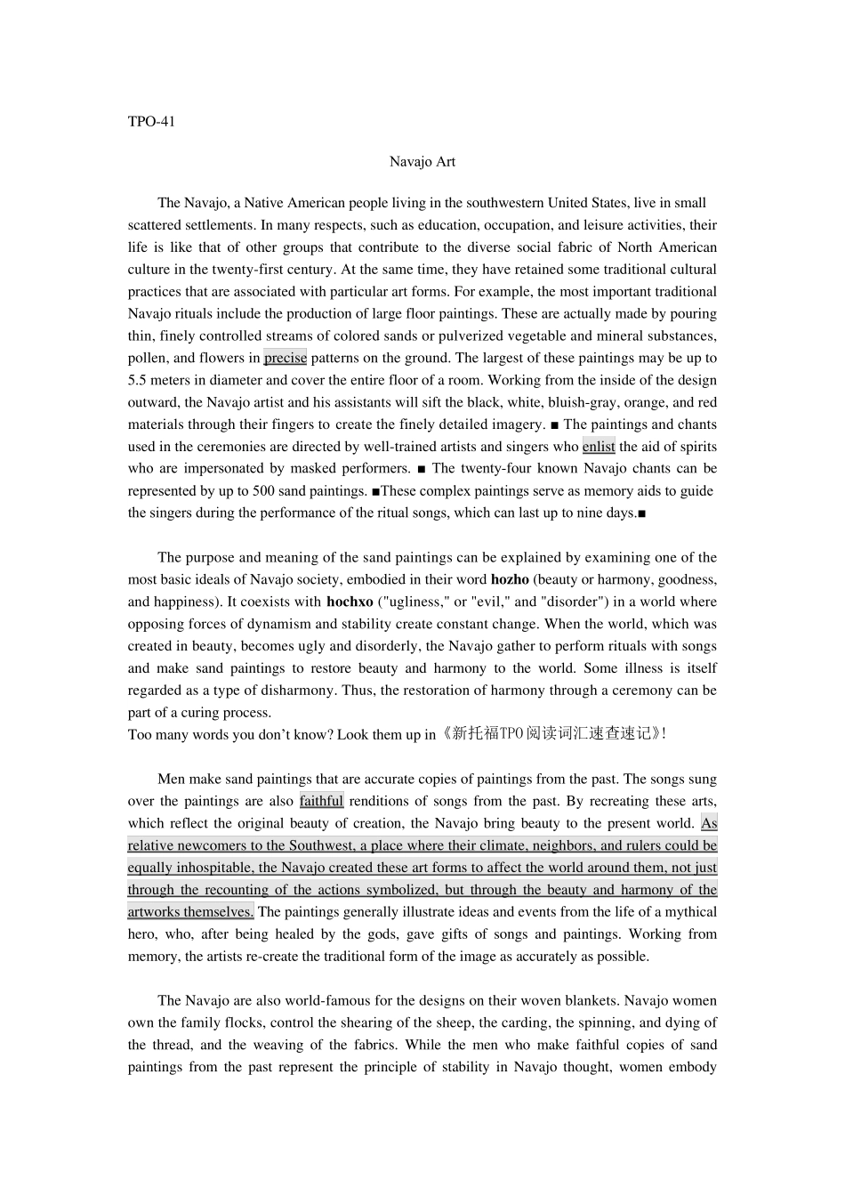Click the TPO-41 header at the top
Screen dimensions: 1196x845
[x=151, y=122]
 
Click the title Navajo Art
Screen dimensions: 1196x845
[x=422, y=161]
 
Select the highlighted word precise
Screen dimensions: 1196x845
[x=285, y=358]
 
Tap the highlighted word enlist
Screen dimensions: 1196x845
[x=599, y=447]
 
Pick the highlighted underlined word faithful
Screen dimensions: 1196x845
[x=321, y=801]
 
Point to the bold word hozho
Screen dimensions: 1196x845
[x=510, y=579]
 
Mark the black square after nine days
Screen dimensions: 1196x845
[x=641, y=513]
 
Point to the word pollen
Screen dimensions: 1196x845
[x=148, y=358]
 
